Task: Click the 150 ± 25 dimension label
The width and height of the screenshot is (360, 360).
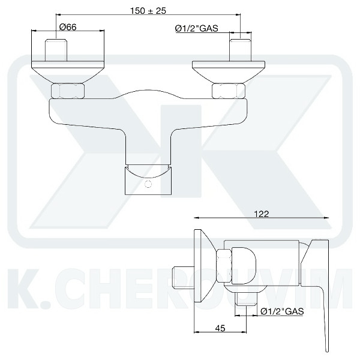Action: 148,11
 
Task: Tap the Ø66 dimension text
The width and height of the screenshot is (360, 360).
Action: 68,27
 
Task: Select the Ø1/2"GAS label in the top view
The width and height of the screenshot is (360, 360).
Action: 197,28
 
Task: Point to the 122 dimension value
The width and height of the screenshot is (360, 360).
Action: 261,214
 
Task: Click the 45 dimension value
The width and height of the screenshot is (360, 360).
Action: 220,328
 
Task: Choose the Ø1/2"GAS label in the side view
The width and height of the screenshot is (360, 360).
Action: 282,311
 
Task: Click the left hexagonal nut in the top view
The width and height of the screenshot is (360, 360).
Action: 68,91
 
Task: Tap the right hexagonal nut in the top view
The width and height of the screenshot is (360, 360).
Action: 229,91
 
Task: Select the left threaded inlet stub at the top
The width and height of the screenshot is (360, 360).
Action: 56,50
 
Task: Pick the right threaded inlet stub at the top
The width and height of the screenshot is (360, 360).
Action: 241,50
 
